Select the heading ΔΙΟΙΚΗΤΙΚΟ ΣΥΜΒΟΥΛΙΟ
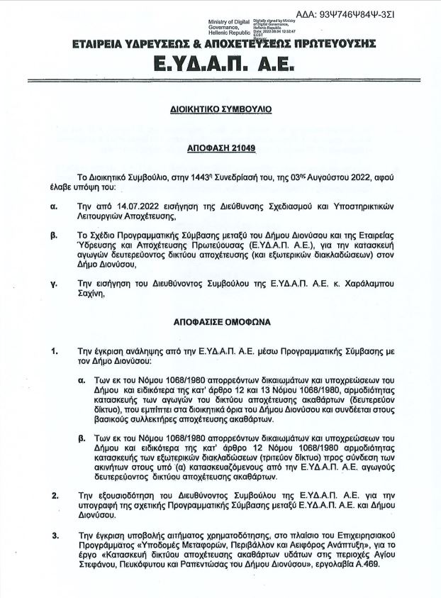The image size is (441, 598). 220,111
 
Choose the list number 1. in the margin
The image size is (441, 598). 55,351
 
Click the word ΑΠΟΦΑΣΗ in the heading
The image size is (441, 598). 207,150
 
